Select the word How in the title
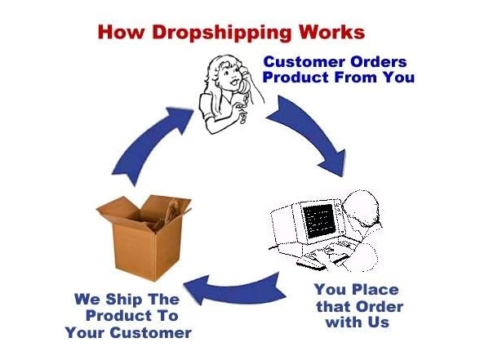pyautogui.click(x=121, y=31)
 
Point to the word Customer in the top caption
pyautogui.click(x=305, y=62)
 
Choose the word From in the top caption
pyautogui.click(x=355, y=77)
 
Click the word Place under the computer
pyautogui.click(x=376, y=290)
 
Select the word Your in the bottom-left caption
pyautogui.click(x=85, y=333)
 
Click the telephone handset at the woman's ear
pyautogui.click(x=244, y=80)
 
